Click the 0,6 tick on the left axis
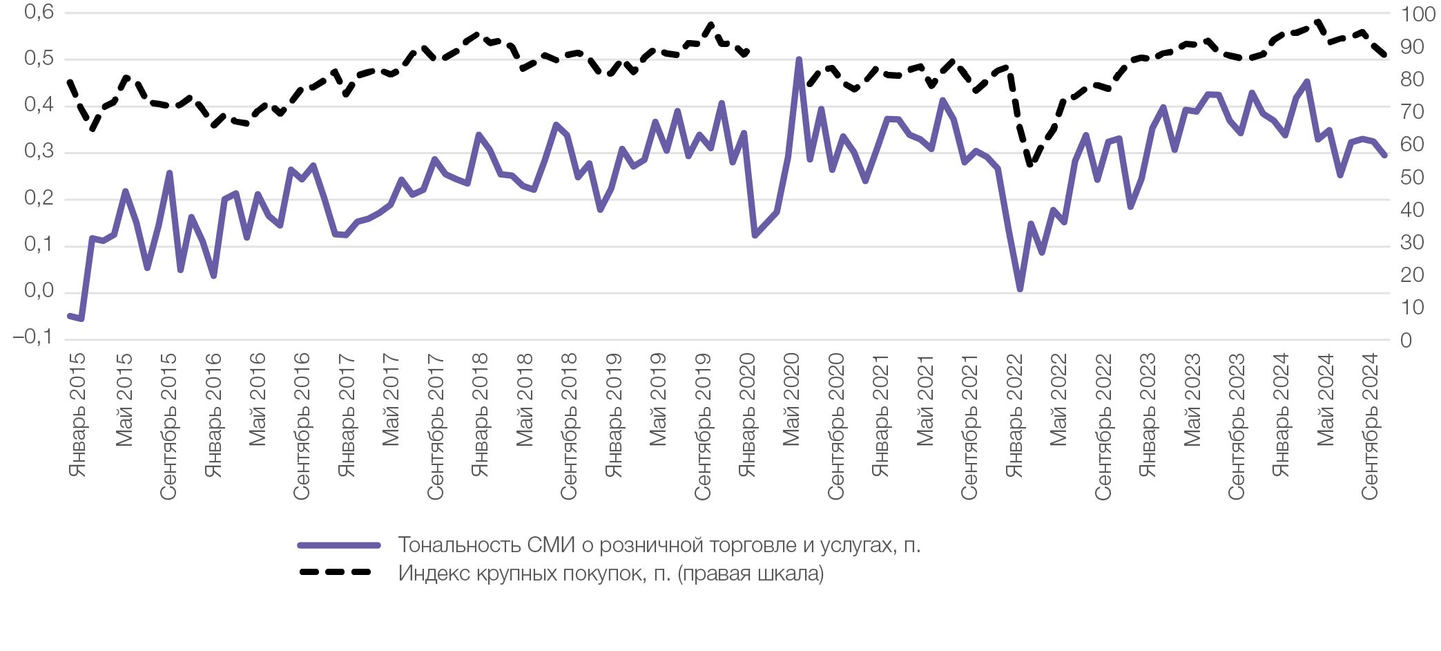click(39, 12)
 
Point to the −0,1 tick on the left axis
click(32, 338)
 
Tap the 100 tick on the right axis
click(1418, 14)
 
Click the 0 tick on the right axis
click(1406, 340)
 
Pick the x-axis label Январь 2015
click(77, 415)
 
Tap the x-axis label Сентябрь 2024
click(1369, 426)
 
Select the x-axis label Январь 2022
click(1013, 415)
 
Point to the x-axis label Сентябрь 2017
click(434, 426)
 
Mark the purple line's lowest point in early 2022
click(1020, 289)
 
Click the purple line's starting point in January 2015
click(70, 316)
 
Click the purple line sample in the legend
click(338, 545)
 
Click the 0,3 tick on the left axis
click(39, 151)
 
